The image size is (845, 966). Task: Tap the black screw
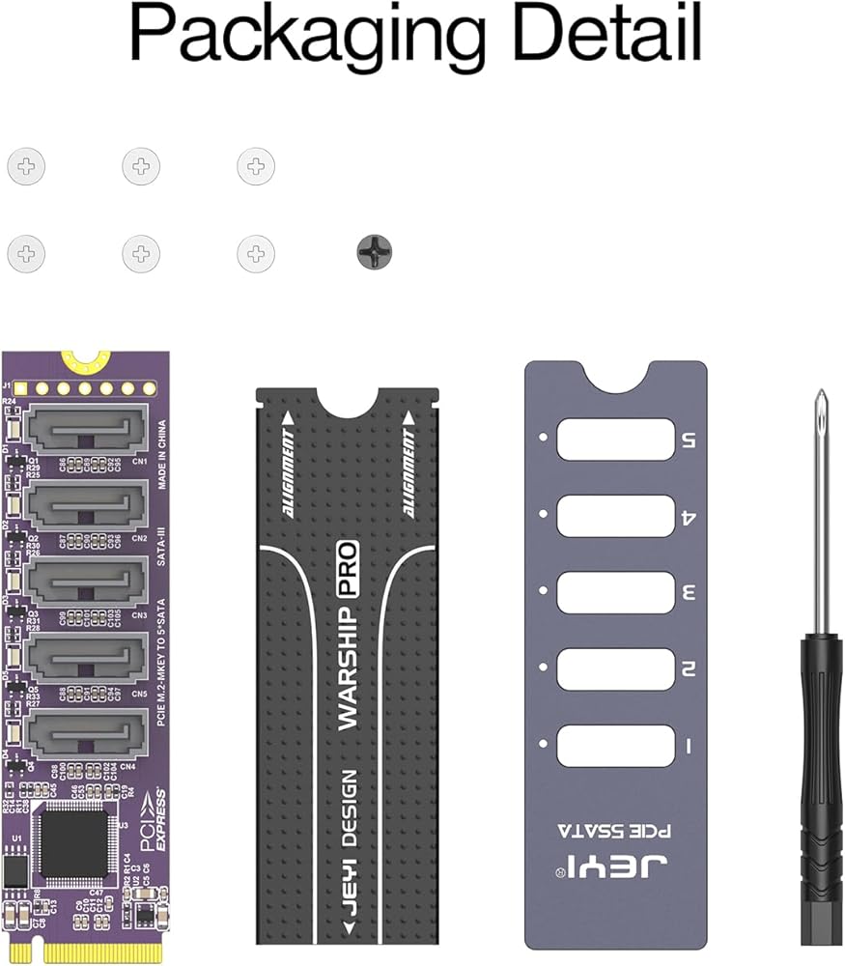(x=375, y=253)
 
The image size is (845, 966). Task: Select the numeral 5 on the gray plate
(x=688, y=440)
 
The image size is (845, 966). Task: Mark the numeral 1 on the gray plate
(x=687, y=746)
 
